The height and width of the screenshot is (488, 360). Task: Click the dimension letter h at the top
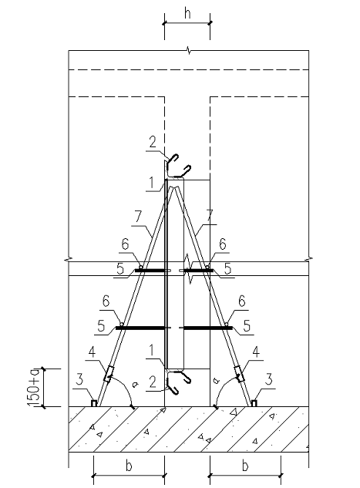pyautogui.click(x=187, y=13)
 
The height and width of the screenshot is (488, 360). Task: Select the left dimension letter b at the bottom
pyautogui.click(x=129, y=466)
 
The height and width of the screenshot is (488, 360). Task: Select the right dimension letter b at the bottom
pyautogui.click(x=245, y=466)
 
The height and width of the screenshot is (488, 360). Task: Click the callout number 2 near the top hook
pyautogui.click(x=153, y=142)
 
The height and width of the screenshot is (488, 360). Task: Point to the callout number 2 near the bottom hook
pyautogui.click(x=152, y=382)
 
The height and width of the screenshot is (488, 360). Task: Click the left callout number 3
pyautogui.click(x=80, y=379)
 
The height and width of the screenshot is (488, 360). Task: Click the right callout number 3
pyautogui.click(x=269, y=379)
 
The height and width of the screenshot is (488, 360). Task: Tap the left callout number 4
pyautogui.click(x=92, y=352)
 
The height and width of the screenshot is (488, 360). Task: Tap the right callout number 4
pyautogui.click(x=256, y=352)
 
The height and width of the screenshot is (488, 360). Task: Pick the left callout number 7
pyautogui.click(x=138, y=217)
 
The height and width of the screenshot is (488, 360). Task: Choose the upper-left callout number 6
pyautogui.click(x=125, y=244)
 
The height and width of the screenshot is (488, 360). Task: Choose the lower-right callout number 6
pyautogui.click(x=242, y=301)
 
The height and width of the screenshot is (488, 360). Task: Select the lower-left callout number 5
pyautogui.click(x=101, y=326)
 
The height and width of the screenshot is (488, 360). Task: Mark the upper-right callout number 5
pyautogui.click(x=228, y=268)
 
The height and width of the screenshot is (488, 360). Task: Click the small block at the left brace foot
pyautogui.click(x=94, y=403)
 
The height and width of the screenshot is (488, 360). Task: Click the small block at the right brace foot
pyautogui.click(x=254, y=403)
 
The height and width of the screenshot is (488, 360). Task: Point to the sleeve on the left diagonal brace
pyautogui.click(x=109, y=374)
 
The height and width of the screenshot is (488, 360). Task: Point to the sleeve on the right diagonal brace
pyautogui.click(x=239, y=374)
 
